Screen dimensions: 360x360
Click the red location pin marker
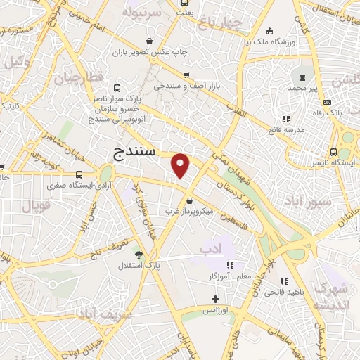tap(181, 165)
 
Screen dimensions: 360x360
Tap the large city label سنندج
tap(136, 151)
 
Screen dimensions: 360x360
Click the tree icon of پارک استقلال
tap(138, 255)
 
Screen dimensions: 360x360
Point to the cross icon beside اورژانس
tap(216, 300)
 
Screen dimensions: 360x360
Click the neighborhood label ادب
tap(210, 249)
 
